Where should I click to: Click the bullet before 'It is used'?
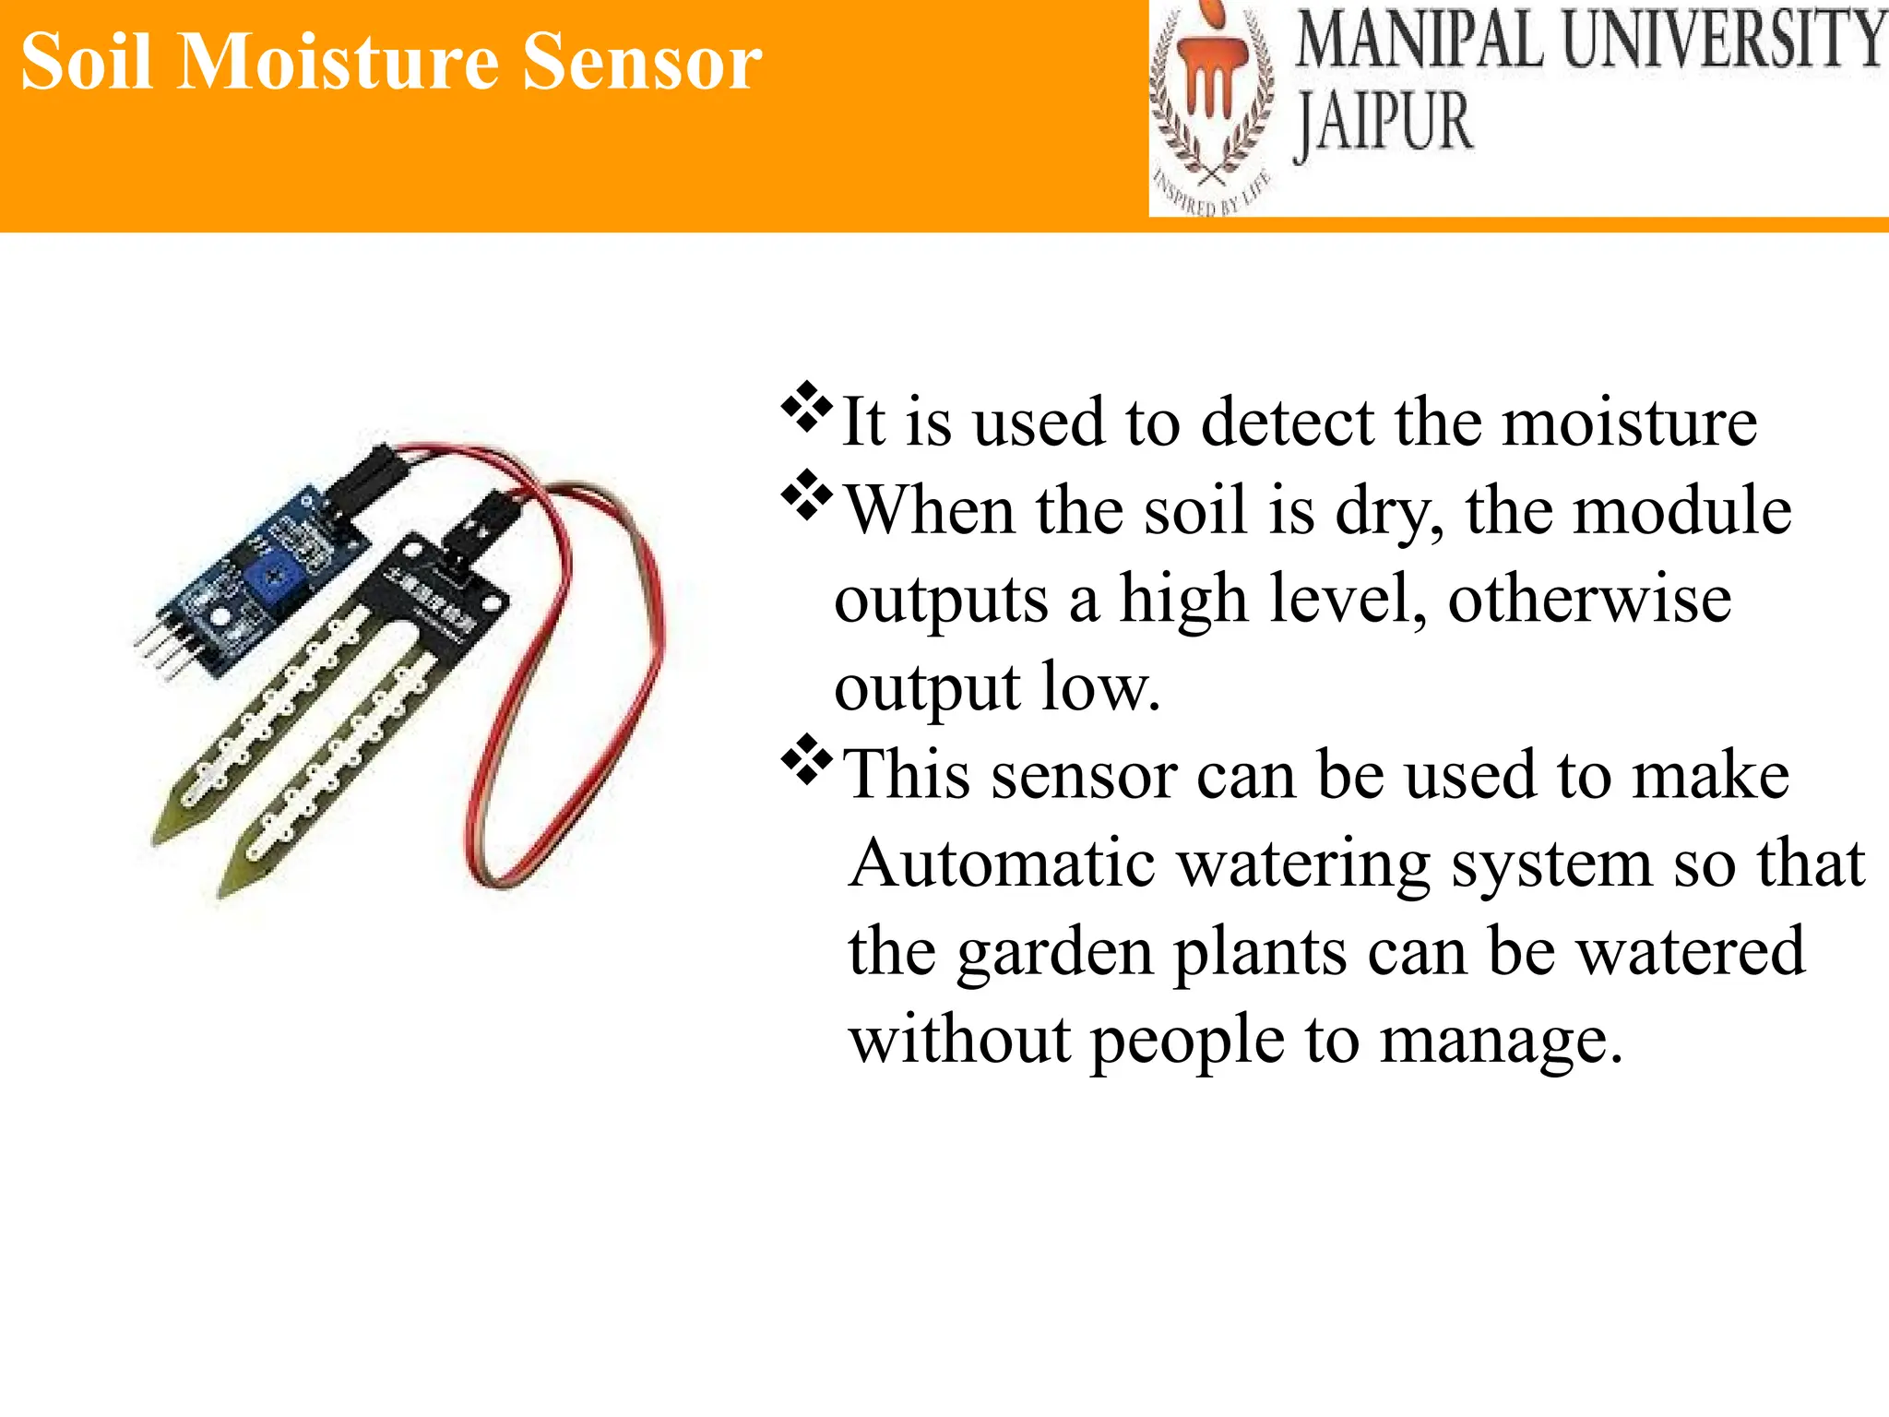click(x=806, y=407)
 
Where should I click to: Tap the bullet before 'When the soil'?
click(x=806, y=495)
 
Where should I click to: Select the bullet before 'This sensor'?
click(x=806, y=759)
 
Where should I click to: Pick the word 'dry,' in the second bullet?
click(x=1390, y=512)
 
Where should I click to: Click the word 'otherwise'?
click(x=1589, y=600)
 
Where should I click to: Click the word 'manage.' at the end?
click(x=1501, y=1042)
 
